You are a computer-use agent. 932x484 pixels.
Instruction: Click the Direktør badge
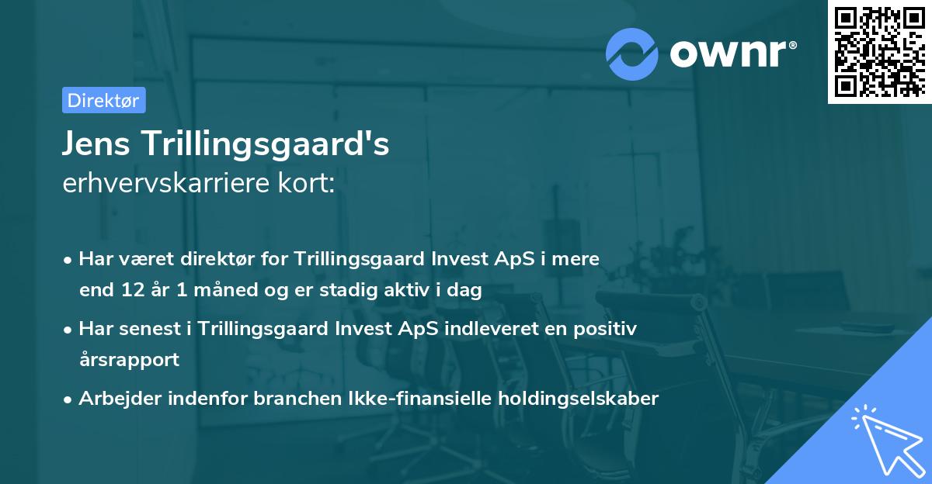[x=103, y=100]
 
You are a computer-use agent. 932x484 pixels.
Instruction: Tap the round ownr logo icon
[x=632, y=53]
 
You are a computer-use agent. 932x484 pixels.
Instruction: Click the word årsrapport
[x=129, y=360]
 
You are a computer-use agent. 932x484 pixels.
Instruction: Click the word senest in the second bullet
[x=155, y=329]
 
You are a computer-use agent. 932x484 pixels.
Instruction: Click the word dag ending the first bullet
[x=466, y=291]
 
